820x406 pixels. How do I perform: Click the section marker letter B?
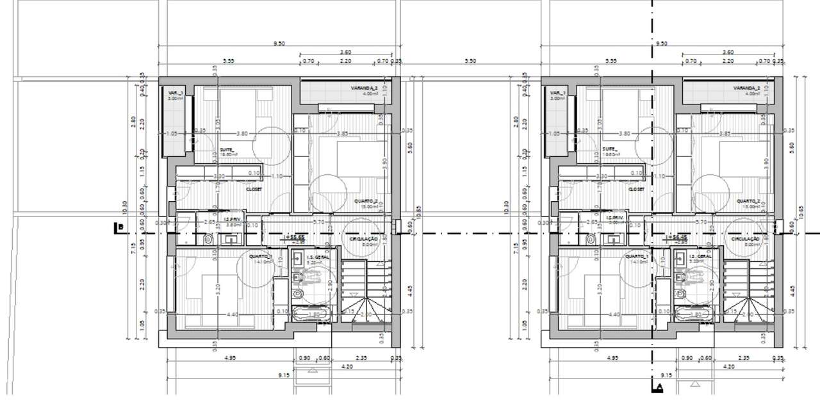tap(119, 226)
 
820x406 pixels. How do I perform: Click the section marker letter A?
tap(658, 387)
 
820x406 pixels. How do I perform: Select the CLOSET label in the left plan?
tap(254, 190)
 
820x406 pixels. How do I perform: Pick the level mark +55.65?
tap(296, 237)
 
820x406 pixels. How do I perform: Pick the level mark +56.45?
tap(678, 237)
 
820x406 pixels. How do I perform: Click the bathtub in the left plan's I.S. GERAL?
tap(311, 314)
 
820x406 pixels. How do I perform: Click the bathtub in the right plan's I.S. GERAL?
tap(693, 314)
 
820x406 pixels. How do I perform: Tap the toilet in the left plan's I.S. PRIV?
tap(208, 240)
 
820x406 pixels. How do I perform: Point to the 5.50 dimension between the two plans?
tap(470, 61)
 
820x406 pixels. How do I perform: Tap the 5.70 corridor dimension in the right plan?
tap(701, 222)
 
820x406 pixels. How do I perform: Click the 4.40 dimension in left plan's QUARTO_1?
tap(232, 314)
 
